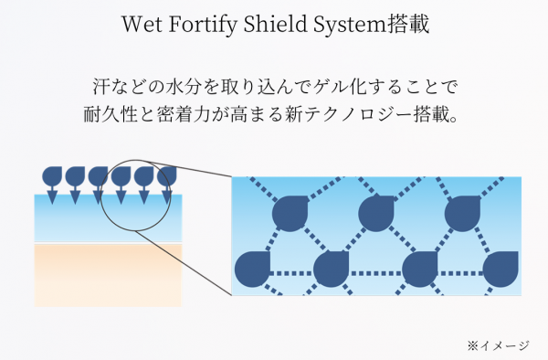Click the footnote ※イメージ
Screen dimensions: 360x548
[x=498, y=344]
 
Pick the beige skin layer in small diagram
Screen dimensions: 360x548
[x=107, y=274]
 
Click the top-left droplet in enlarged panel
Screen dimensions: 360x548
[x=292, y=212]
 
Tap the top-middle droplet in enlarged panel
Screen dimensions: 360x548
[x=375, y=212]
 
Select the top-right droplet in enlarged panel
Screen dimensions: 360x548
[x=460, y=212]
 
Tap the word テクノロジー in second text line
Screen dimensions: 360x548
[x=367, y=117]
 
